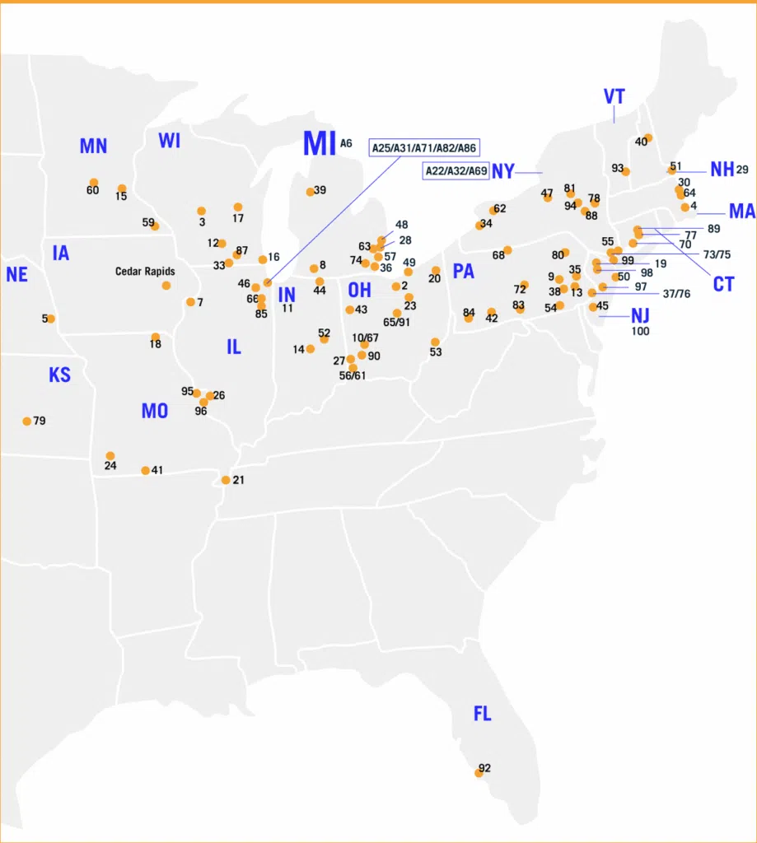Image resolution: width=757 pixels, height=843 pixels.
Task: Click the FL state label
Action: pyautogui.click(x=482, y=714)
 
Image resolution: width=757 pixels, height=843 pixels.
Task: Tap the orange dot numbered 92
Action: pyautogui.click(x=479, y=773)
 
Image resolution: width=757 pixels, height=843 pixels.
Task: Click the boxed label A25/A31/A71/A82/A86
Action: pyautogui.click(x=423, y=147)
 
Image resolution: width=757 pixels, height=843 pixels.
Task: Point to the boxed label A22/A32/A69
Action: pyautogui.click(x=456, y=171)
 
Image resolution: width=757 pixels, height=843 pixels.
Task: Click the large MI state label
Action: pyautogui.click(x=319, y=144)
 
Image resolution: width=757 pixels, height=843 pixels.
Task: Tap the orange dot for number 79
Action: pyautogui.click(x=27, y=421)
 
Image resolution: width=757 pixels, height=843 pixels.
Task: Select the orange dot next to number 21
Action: pyautogui.click(x=226, y=480)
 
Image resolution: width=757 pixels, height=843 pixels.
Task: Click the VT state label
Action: pyautogui.click(x=614, y=96)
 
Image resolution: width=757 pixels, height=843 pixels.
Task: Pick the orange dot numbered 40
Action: pyautogui.click(x=648, y=137)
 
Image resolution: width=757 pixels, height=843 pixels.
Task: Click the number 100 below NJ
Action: pyautogui.click(x=640, y=331)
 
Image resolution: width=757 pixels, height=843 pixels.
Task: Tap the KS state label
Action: pyautogui.click(x=59, y=375)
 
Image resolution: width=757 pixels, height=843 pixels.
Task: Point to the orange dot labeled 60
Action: pyautogui.click(x=94, y=183)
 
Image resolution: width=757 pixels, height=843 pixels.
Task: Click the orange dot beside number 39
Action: pyautogui.click(x=311, y=192)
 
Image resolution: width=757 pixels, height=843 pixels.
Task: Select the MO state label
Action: pyautogui.click(x=154, y=410)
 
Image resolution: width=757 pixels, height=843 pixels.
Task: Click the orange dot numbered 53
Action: pyautogui.click(x=435, y=342)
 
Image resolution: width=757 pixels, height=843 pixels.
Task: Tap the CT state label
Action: pyautogui.click(x=723, y=284)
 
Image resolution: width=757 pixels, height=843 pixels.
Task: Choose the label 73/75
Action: pyautogui.click(x=716, y=254)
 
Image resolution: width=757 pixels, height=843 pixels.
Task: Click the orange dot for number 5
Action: pyautogui.click(x=50, y=319)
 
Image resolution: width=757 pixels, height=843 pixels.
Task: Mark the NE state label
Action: pyautogui.click(x=16, y=275)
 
